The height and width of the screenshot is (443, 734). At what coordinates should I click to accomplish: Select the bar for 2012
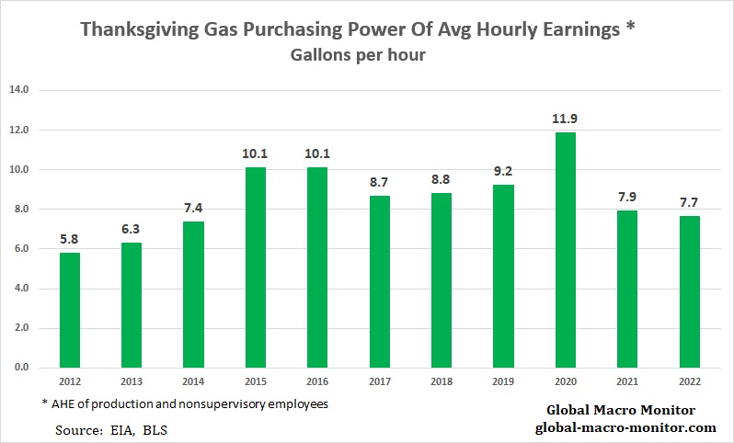pos(70,310)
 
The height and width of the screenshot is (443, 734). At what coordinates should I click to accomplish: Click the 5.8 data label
pos(70,239)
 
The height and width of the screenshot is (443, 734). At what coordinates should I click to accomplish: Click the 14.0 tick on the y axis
pos(20,90)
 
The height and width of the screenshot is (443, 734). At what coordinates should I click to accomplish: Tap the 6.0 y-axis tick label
pos(20,249)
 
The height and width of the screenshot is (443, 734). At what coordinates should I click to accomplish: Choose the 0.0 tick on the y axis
pos(20,368)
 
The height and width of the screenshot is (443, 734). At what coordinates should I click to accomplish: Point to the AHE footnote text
pos(184,404)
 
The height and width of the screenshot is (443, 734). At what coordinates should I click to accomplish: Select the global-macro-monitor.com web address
pos(625,427)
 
